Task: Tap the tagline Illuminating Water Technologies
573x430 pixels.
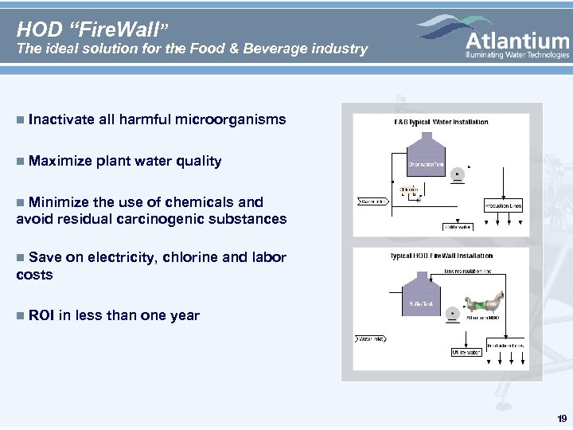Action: pos(517,55)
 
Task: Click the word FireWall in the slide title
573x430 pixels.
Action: pos(116,29)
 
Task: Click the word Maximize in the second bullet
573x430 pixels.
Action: pos(60,162)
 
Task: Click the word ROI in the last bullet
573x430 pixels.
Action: pos(41,315)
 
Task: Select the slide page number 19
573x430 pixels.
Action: pos(562,419)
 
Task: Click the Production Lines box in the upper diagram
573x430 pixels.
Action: pos(502,205)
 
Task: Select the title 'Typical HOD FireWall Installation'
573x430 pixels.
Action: pos(441,256)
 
